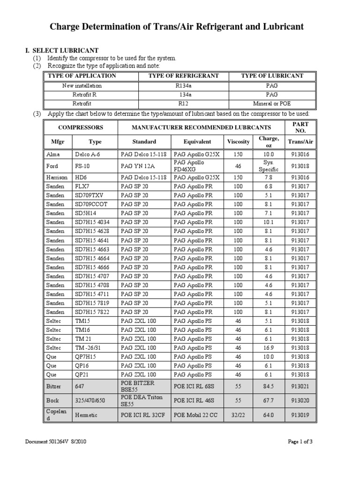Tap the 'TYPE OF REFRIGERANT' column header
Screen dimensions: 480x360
[184, 75]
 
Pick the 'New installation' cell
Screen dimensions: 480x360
[82, 86]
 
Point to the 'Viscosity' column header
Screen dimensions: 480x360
[238, 142]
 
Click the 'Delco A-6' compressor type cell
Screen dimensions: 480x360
[87, 154]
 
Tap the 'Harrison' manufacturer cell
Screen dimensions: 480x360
[56, 178]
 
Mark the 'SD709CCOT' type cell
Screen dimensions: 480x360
[91, 204]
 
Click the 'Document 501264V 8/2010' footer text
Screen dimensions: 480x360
[56, 442]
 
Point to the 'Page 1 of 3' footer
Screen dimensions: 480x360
[300, 442]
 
